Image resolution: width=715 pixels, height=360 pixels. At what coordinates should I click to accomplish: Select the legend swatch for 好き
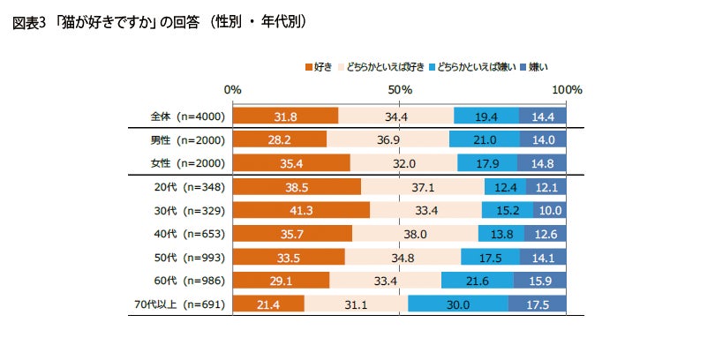coord(307,67)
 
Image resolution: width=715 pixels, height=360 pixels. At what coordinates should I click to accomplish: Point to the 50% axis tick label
coord(400,89)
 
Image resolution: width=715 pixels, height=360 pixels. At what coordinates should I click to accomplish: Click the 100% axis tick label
coord(566,89)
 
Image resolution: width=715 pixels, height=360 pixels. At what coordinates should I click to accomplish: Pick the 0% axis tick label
coord(233,89)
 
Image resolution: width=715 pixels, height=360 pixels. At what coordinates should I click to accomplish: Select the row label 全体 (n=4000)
coord(188,116)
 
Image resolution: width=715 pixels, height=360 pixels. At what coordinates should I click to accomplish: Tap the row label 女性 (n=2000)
coord(188,162)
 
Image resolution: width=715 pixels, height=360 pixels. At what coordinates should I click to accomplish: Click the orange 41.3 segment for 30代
coord(301,210)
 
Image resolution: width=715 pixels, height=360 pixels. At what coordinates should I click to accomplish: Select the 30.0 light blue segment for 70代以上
coord(458,304)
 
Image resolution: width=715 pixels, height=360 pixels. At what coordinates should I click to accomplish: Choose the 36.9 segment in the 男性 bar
coord(388,139)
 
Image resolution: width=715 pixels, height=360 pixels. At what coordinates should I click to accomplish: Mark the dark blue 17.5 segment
coord(538,304)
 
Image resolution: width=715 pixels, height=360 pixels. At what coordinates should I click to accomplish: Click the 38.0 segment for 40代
coord(415,233)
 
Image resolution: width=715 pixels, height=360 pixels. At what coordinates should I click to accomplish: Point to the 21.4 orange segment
coord(268,304)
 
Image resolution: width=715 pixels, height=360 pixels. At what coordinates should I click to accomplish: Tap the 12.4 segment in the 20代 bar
coord(505,186)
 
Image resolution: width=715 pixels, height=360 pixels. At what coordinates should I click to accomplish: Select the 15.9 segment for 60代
coord(540,280)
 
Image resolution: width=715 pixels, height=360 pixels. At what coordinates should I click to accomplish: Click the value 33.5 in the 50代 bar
coord(289,257)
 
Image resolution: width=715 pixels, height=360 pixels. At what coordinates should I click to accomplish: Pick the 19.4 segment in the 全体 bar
coord(486,116)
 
